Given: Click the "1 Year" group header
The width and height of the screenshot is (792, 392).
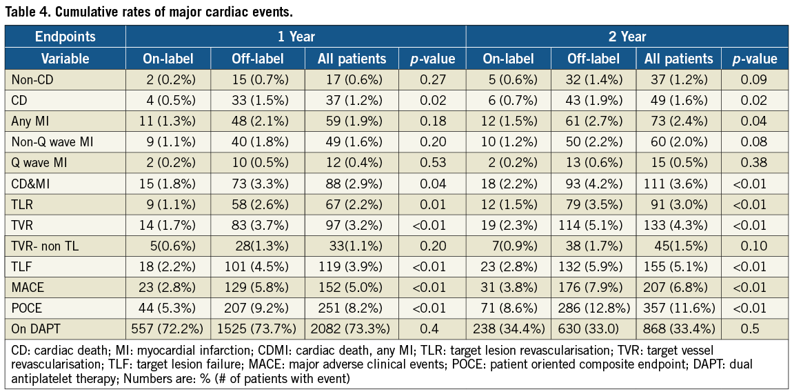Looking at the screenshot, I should tap(296, 37).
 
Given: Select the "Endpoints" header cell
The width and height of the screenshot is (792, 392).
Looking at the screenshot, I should tap(65, 37).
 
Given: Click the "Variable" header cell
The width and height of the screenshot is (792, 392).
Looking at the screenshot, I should tap(65, 59).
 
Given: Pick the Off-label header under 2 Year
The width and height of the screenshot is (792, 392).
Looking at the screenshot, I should tap(593, 59).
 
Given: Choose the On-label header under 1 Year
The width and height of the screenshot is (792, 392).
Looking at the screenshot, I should tap(167, 59).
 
